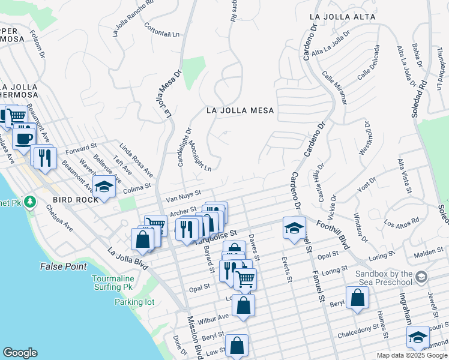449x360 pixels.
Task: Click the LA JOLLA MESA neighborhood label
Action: coord(240,110)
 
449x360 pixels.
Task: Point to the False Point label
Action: coord(63,266)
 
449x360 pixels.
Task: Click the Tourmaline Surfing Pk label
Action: coord(123,283)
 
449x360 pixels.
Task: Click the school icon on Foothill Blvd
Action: coord(294,228)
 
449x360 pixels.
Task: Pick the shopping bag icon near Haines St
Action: coord(357,298)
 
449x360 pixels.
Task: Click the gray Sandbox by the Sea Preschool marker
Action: coord(422,276)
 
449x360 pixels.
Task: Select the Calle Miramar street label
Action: coord(334,88)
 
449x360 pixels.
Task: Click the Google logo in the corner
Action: coord(20,353)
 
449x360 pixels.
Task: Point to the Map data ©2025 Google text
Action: coord(412,355)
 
